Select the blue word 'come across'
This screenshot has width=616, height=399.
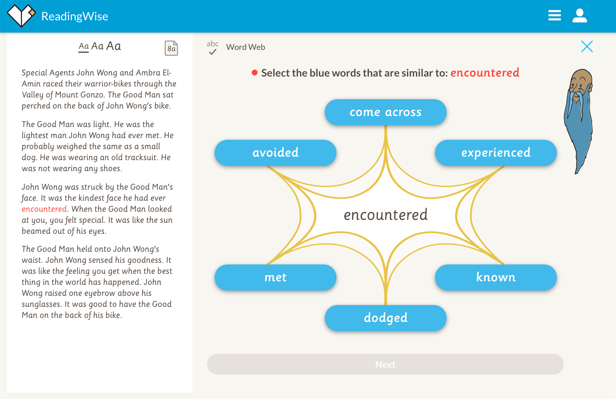(x=386, y=112)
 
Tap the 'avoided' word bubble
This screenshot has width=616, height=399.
(x=276, y=153)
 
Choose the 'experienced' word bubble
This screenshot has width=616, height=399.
(x=496, y=153)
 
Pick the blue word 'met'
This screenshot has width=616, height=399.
(x=276, y=277)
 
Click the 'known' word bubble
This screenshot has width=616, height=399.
(x=496, y=277)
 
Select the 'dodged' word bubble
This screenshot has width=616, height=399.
(x=386, y=318)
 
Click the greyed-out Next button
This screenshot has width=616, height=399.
(x=385, y=364)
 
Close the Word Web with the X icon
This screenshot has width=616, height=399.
(x=587, y=47)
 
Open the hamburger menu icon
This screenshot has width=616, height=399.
(x=554, y=15)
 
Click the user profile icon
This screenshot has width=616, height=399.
(x=580, y=16)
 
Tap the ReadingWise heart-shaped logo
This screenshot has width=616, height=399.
(x=21, y=16)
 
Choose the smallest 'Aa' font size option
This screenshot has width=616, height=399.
(x=84, y=47)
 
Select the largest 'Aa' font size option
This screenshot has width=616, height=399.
(x=113, y=46)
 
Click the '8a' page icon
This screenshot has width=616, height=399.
(x=171, y=48)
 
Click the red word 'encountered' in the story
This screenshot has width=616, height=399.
(x=44, y=209)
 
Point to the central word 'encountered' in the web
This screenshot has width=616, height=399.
(x=386, y=215)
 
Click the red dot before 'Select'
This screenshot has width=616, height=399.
(x=254, y=73)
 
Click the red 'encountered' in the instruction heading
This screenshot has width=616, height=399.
(x=485, y=73)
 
